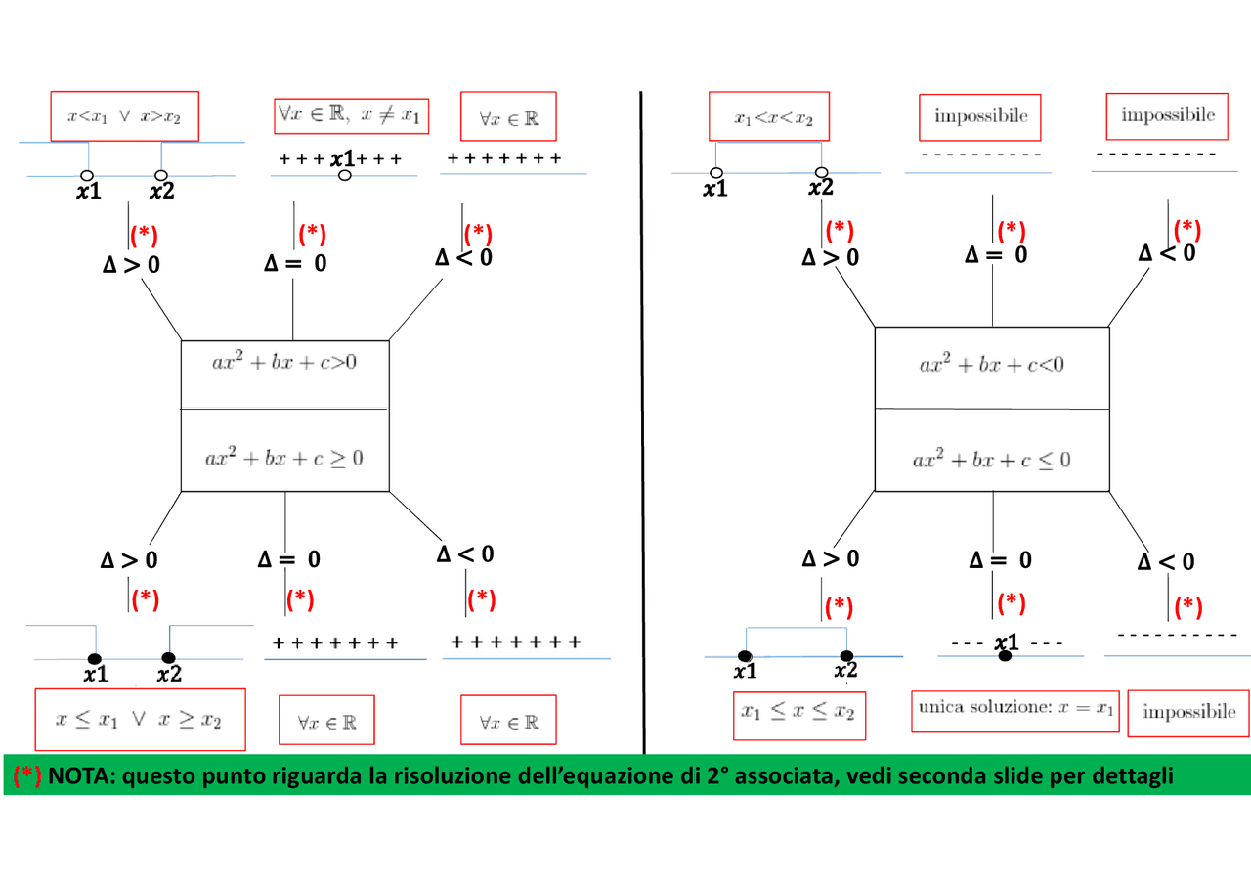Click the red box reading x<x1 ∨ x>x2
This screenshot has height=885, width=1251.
pyautogui.click(x=124, y=116)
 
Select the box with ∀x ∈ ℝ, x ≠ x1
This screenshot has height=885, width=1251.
pyautogui.click(x=351, y=115)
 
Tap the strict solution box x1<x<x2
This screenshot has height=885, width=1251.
pyautogui.click(x=769, y=116)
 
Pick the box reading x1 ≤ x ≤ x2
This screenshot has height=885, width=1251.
pyautogui.click(x=799, y=716)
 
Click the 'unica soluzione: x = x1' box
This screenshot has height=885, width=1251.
pyautogui.click(x=1015, y=711)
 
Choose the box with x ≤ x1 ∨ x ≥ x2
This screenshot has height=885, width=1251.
pyautogui.click(x=140, y=720)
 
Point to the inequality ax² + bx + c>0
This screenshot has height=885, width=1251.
pyautogui.click(x=284, y=362)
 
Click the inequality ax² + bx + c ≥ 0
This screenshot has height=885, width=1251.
pyautogui.click(x=284, y=458)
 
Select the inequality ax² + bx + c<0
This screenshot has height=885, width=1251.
pyautogui.click(x=992, y=365)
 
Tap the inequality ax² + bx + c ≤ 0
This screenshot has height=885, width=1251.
pyautogui.click(x=992, y=460)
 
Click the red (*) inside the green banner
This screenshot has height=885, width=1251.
pyautogui.click(x=26, y=775)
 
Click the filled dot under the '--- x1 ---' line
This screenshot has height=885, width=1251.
pyautogui.click(x=1005, y=656)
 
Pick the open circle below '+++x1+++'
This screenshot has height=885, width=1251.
pyautogui.click(x=345, y=175)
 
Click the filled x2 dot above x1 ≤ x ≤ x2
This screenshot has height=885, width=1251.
pyautogui.click(x=846, y=655)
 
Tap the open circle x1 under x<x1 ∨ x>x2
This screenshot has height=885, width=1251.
pyautogui.click(x=87, y=175)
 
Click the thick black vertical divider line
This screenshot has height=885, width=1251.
pyautogui.click(x=642, y=423)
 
